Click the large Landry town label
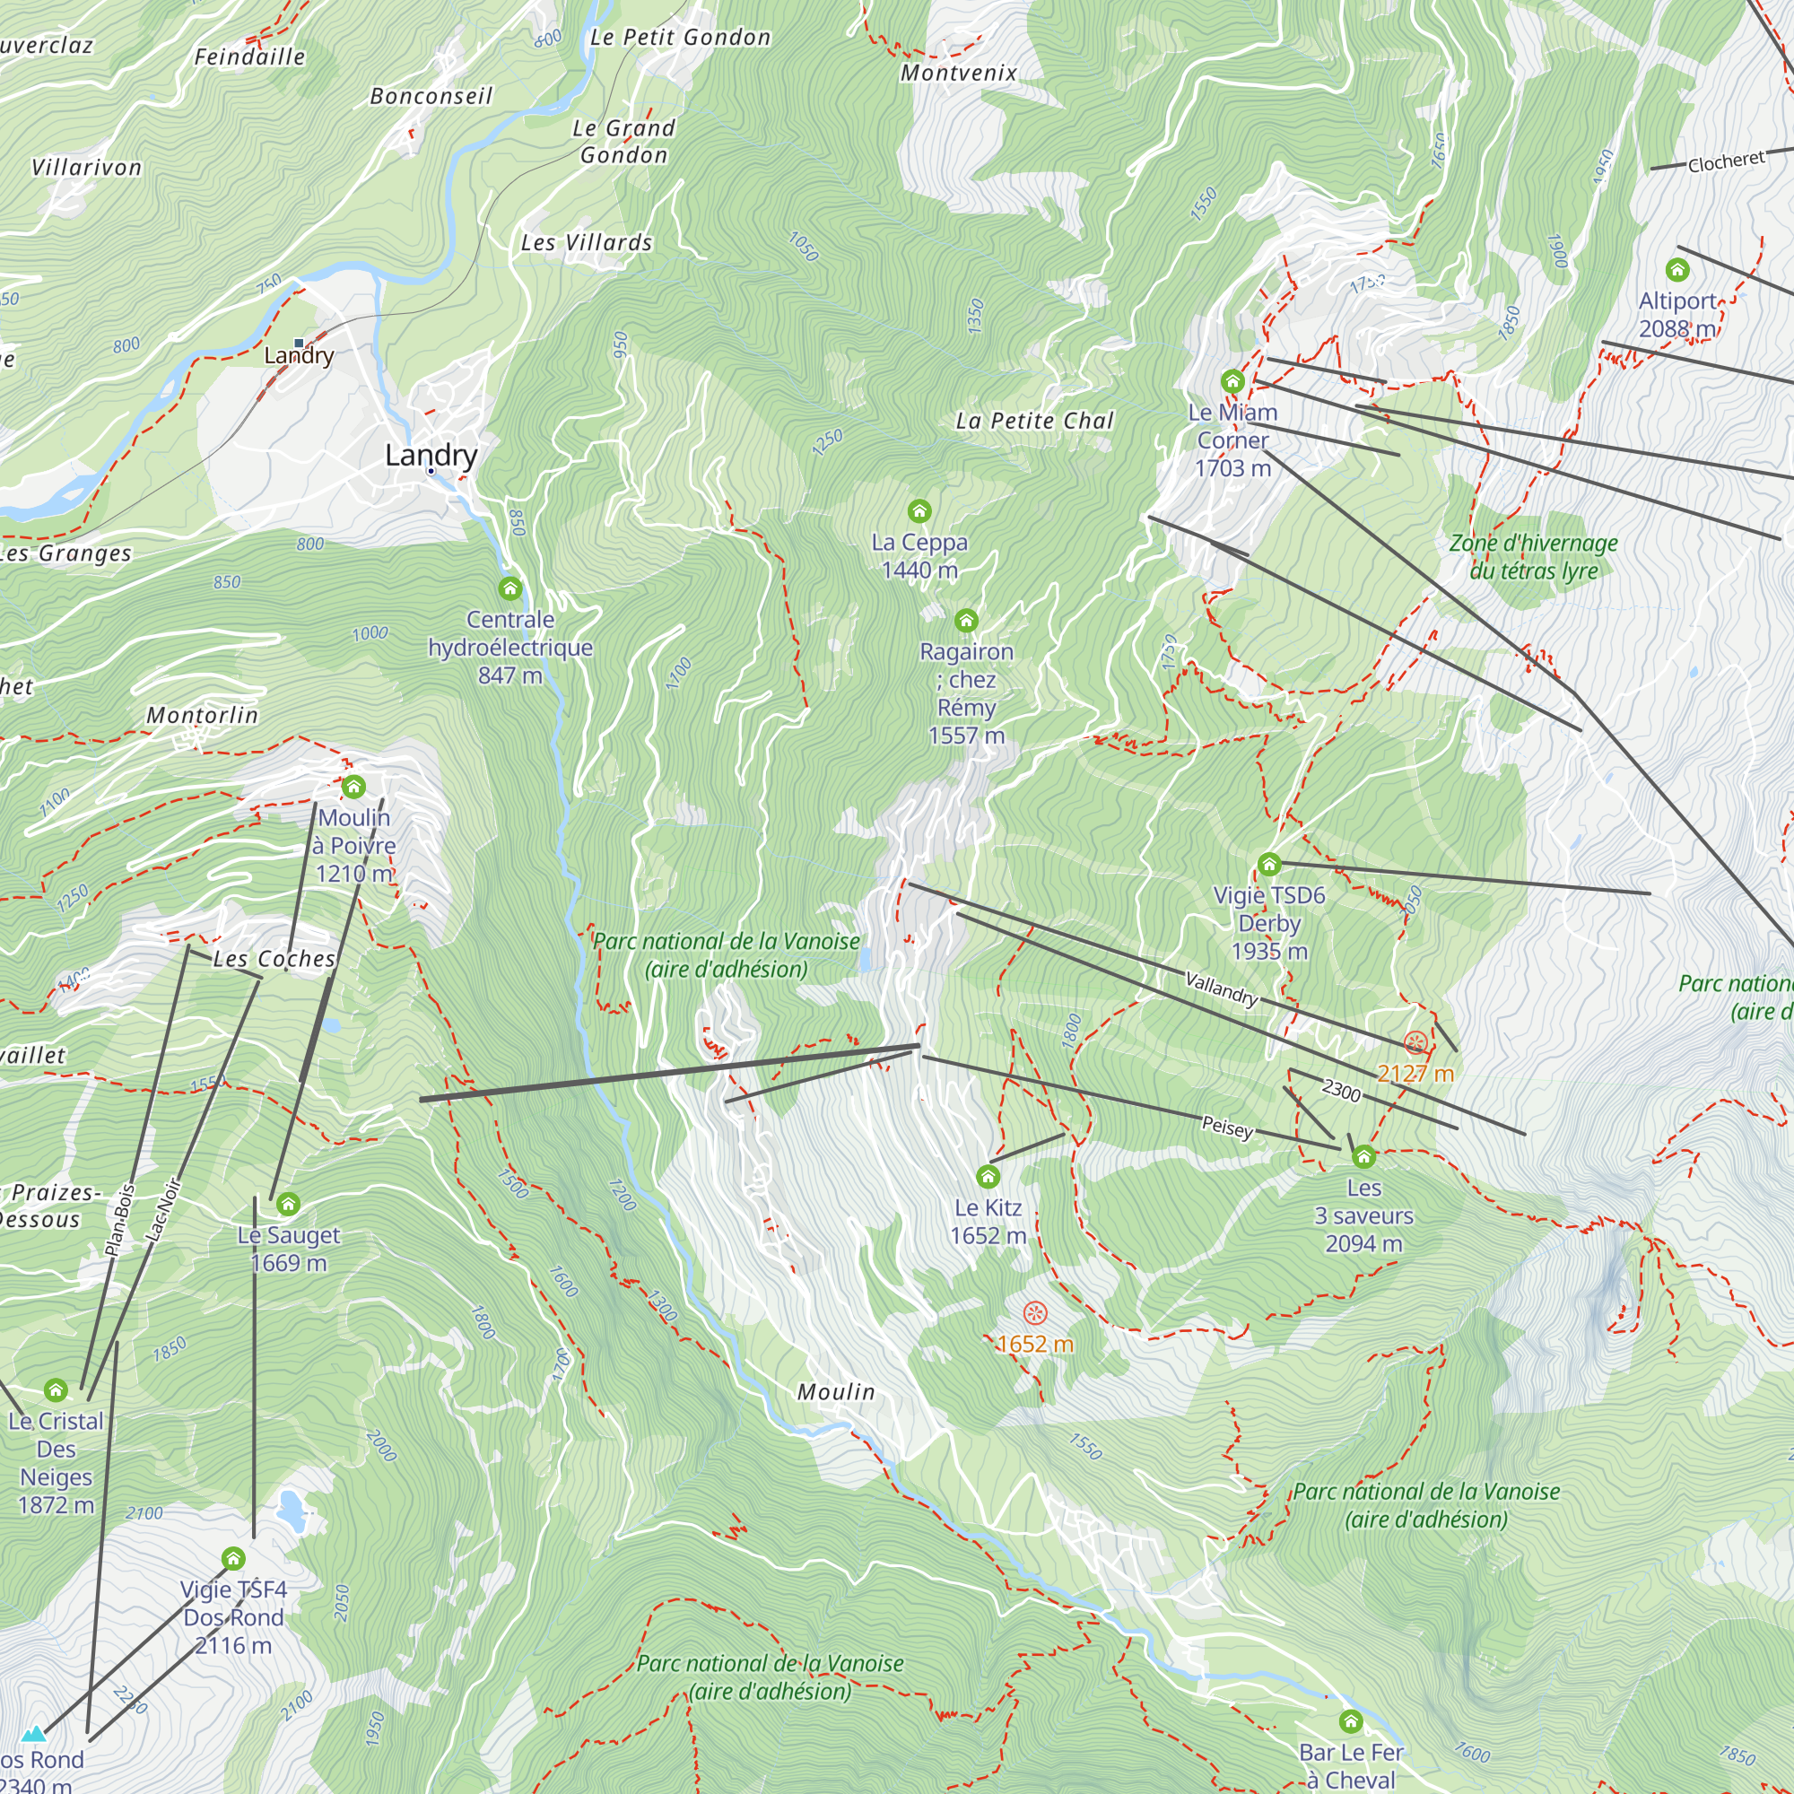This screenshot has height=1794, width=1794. (x=431, y=455)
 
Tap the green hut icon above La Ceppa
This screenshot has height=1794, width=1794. (x=919, y=510)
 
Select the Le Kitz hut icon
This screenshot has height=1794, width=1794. (x=988, y=1177)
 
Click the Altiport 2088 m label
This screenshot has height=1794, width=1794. (x=1677, y=314)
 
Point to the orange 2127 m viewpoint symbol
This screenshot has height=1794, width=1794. (x=1415, y=1043)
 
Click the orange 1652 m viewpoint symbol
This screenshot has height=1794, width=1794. (x=1035, y=1313)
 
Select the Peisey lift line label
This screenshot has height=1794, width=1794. (x=1228, y=1127)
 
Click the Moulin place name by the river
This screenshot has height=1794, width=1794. (x=836, y=1392)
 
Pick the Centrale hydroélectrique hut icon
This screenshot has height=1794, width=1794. (x=509, y=588)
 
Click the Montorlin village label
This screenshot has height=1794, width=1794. (x=203, y=715)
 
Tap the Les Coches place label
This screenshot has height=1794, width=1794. (x=274, y=959)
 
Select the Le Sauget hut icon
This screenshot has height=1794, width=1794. (x=289, y=1205)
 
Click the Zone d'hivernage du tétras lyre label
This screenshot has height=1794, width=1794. (x=1533, y=557)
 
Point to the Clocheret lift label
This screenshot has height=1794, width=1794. (x=1726, y=162)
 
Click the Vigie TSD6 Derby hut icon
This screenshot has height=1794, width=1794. (x=1269, y=865)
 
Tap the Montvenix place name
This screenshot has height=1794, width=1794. (x=959, y=73)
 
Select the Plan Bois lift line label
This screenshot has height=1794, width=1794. (x=120, y=1221)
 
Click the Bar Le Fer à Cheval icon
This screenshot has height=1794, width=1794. (x=1351, y=1721)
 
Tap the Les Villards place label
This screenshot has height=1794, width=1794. (x=587, y=242)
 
